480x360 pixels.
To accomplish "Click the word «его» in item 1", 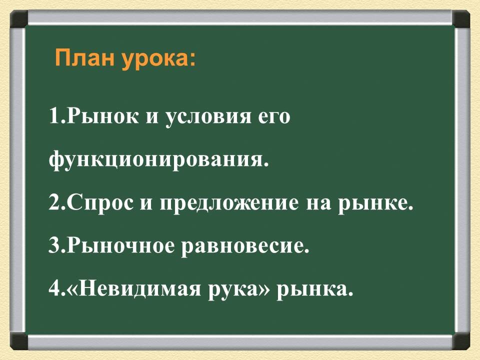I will (x=274, y=118).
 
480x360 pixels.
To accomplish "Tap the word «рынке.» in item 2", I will (x=383, y=204).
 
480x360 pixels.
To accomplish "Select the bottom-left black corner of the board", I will (x=18, y=341).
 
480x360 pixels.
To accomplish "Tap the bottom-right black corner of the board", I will (x=461, y=341).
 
